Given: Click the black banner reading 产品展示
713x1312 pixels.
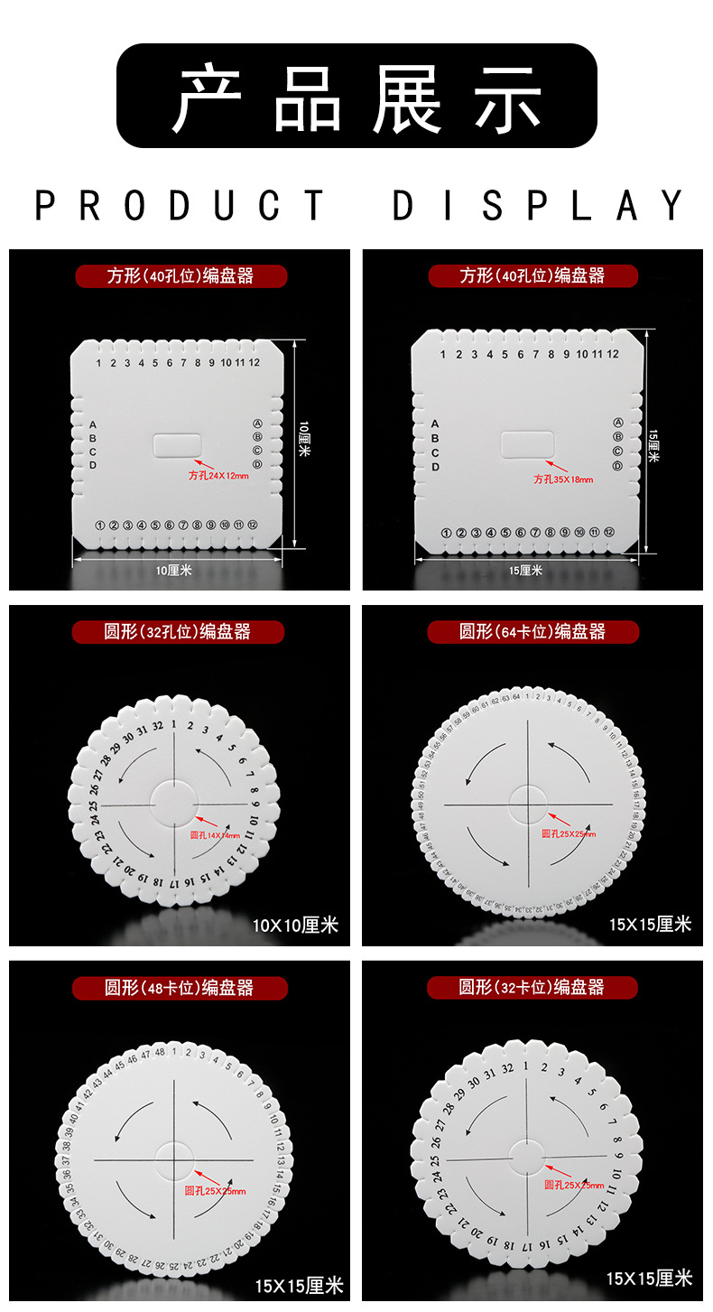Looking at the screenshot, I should point(356,96).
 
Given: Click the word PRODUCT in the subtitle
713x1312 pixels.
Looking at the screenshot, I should point(180,206).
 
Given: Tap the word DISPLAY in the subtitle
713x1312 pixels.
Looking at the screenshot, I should point(539,206).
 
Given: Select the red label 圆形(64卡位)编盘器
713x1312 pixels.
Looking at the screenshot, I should point(532,632).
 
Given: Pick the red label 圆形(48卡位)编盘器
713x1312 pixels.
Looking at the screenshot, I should point(180,988).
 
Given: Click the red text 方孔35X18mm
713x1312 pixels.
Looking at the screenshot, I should point(564,479).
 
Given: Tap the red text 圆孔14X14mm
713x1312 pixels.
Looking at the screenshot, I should point(215,835).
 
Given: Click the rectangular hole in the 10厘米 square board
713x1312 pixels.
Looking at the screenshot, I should point(178,445).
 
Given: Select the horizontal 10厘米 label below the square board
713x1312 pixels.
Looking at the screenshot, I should point(174,570).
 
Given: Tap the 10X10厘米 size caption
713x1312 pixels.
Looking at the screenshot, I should point(295,925).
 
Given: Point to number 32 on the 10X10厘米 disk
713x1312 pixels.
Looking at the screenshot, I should point(157,725).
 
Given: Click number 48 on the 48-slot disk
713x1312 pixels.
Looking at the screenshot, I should point(160,1052).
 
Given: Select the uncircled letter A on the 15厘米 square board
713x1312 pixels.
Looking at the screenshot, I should point(435,423).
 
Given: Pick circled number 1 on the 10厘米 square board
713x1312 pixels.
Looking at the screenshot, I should point(100,525).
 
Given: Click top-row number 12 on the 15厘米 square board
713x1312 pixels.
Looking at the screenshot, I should point(613,354).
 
